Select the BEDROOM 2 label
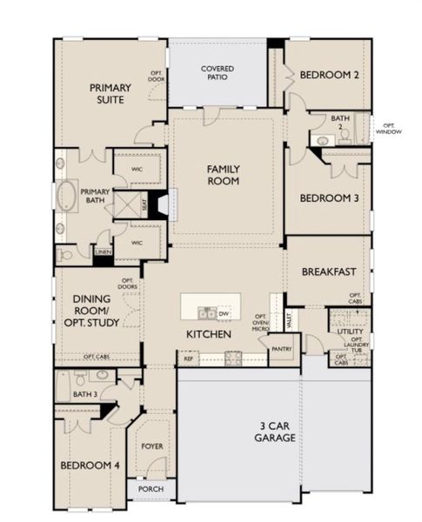(330, 76)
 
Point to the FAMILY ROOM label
(224, 175)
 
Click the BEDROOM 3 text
(330, 198)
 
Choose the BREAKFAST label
(330, 271)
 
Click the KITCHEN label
(209, 334)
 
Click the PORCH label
(151, 489)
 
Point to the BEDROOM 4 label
(90, 465)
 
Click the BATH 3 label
(84, 395)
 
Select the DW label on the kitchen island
(224, 314)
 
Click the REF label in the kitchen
(187, 358)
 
